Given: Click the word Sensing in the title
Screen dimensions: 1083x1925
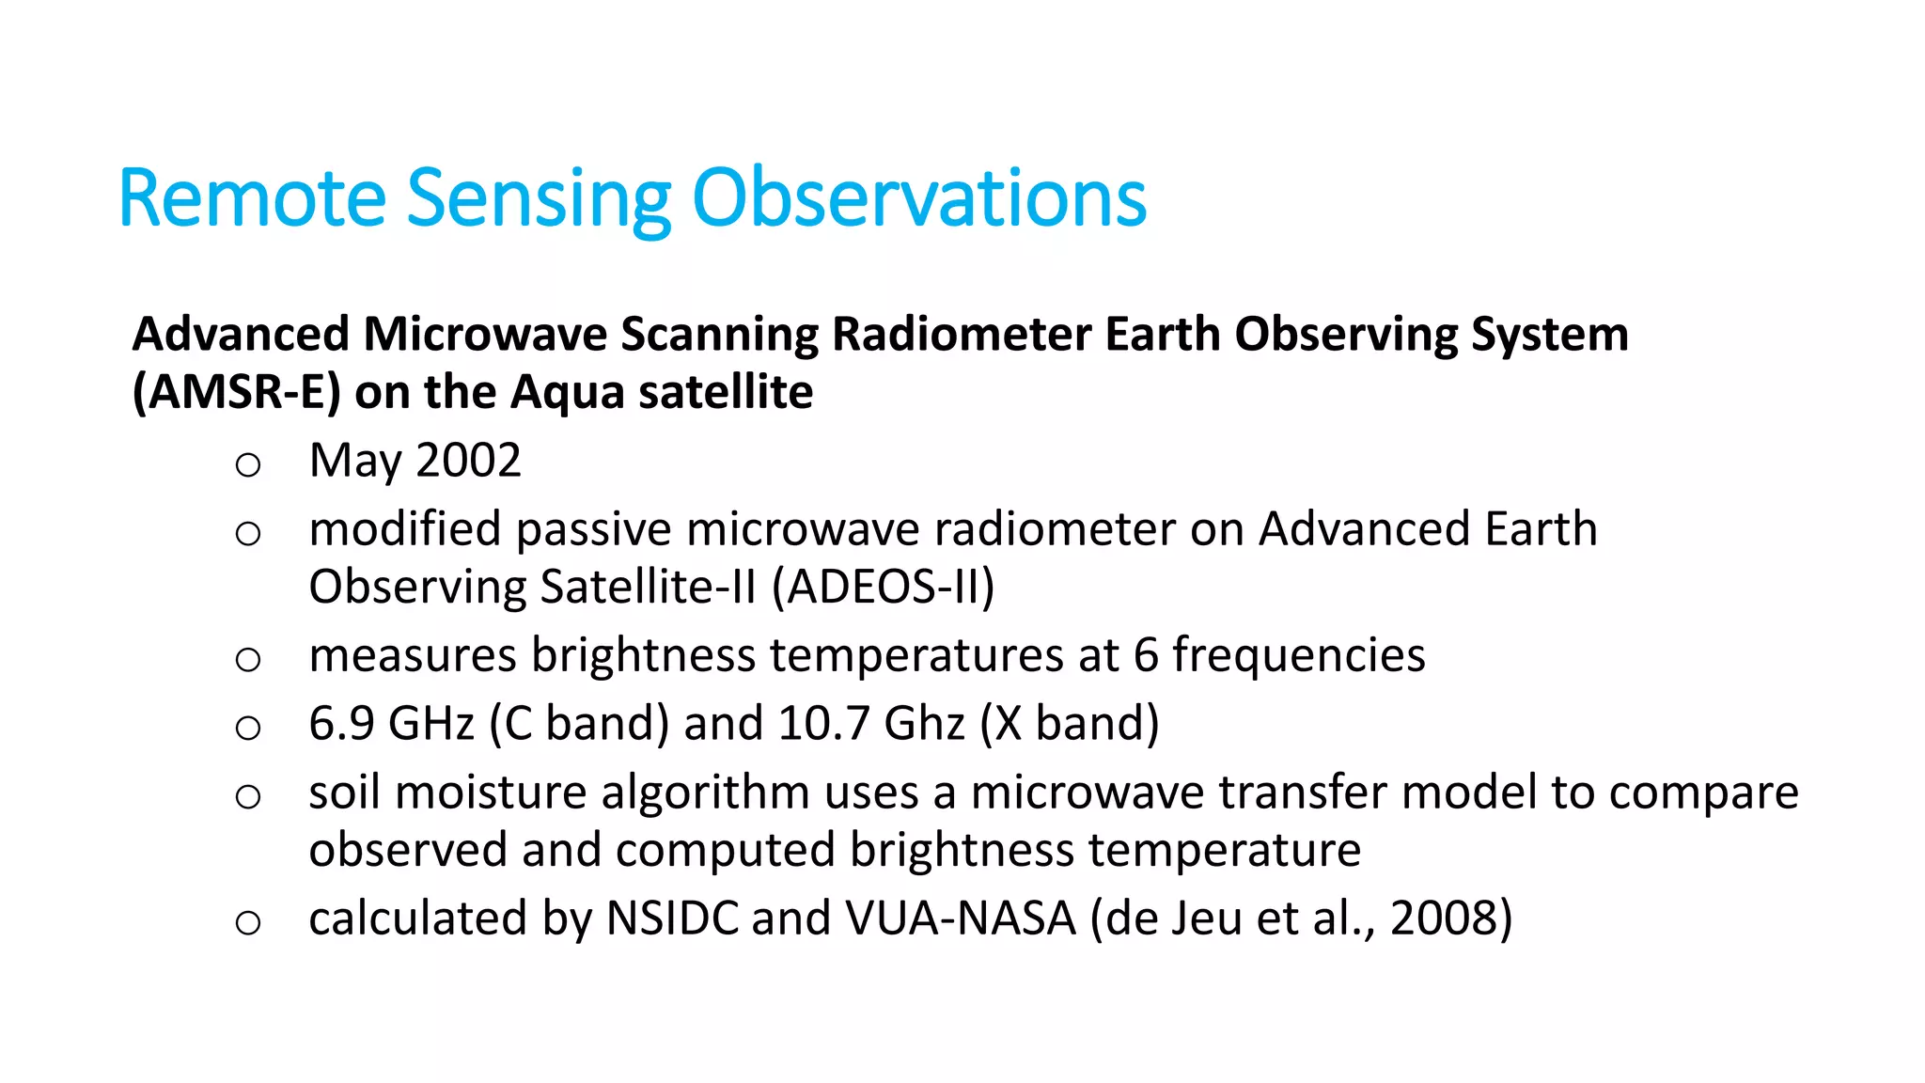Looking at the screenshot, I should click(x=538, y=199).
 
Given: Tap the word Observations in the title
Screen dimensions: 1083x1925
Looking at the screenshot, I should click(x=918, y=199).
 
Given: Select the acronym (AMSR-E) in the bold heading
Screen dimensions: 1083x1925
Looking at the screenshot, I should click(x=236, y=393).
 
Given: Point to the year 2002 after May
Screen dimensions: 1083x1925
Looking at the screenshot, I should click(x=468, y=461).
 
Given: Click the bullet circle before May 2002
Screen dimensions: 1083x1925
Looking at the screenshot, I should click(x=248, y=464).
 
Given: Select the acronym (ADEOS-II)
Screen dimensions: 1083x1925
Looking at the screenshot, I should click(x=883, y=588).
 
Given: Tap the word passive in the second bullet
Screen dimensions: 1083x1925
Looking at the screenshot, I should click(x=592, y=530).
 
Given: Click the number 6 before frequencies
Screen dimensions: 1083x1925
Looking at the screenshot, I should click(x=1145, y=655).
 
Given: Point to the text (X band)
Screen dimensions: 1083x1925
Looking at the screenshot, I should click(x=1070, y=724).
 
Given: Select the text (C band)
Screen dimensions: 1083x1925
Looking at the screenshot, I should click(x=579, y=724).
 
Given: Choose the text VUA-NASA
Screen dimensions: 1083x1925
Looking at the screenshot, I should click(x=960, y=918).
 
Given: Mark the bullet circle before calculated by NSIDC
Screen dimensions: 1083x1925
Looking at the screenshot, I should click(x=248, y=923).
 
